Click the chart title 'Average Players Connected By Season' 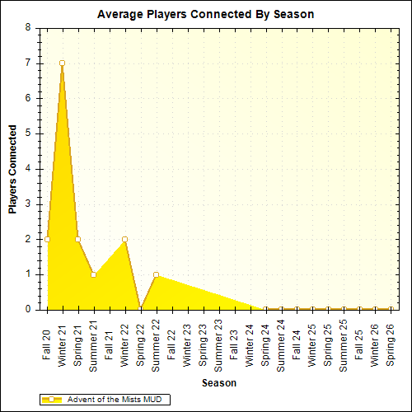tap(205, 14)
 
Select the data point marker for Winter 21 tap(62, 63)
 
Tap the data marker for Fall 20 tap(47, 239)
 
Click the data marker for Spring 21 tap(77, 239)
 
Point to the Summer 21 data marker tap(93, 274)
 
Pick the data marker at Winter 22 tap(124, 239)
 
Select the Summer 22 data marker tap(156, 274)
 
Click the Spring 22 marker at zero tap(140, 309)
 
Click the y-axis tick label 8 tap(28, 27)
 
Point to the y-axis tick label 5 tap(28, 133)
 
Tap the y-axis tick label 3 tap(28, 204)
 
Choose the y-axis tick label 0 tap(28, 310)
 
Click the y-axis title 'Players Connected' tap(13, 169)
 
